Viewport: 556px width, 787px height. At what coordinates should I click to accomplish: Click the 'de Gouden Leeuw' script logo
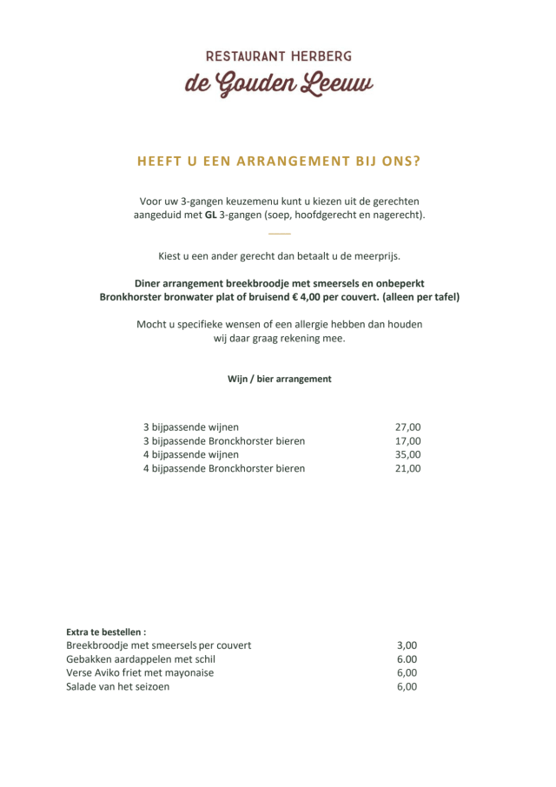(x=278, y=84)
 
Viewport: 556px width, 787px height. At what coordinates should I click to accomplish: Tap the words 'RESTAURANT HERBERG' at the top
(x=278, y=56)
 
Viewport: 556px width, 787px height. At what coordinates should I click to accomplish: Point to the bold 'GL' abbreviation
(x=210, y=215)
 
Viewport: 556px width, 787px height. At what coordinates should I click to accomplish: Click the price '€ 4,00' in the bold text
(x=317, y=297)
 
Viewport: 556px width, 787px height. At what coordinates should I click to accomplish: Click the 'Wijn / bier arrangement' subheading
(x=279, y=379)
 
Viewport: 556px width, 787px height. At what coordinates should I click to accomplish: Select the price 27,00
(x=407, y=427)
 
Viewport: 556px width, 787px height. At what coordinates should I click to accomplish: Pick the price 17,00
(x=407, y=441)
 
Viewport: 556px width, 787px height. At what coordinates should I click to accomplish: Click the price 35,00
(x=407, y=454)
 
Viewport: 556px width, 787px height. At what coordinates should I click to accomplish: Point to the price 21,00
(x=407, y=468)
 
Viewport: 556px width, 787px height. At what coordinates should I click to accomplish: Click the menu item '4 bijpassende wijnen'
(x=191, y=454)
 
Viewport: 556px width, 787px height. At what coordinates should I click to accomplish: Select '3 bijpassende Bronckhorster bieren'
(x=224, y=441)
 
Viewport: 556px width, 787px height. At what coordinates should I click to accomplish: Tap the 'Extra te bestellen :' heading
(x=106, y=632)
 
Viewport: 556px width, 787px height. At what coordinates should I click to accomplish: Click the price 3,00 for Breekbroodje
(x=407, y=645)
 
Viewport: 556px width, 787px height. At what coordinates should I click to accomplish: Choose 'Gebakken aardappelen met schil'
(x=141, y=659)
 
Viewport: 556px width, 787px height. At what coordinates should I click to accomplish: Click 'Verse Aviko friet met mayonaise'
(x=140, y=672)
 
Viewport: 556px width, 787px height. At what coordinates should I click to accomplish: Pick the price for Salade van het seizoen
(x=407, y=686)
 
